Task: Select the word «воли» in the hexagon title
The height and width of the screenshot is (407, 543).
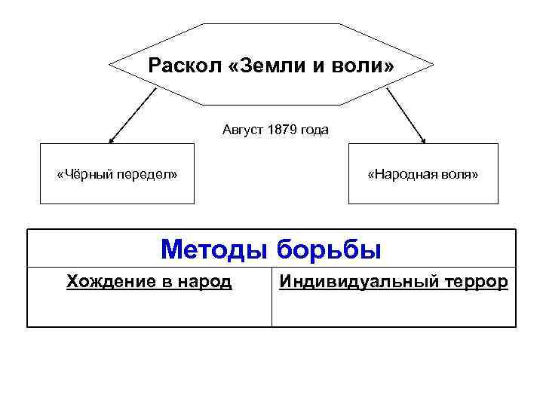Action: (367, 66)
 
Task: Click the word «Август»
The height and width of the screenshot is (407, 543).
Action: (241, 130)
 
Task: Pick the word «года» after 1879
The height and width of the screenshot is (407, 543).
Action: (314, 130)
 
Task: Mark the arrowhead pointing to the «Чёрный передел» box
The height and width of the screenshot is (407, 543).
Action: (111, 140)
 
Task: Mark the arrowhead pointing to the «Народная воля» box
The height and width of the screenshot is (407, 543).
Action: (424, 140)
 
